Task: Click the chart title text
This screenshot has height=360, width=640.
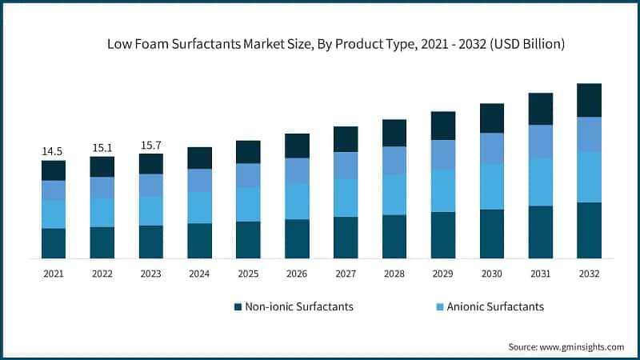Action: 336,45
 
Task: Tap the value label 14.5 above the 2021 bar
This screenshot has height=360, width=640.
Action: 54,150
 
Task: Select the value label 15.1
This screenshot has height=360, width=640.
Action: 102,146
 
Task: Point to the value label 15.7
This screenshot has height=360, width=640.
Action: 150,144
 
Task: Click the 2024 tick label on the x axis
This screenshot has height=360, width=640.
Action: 199,274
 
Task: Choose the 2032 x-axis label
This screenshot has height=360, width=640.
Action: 589,274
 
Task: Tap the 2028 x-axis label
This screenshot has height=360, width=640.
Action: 394,274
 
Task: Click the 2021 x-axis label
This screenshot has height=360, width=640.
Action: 54,274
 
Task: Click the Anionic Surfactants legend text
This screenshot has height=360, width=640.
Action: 495,306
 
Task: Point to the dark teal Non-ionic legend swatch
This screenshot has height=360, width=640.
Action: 238,306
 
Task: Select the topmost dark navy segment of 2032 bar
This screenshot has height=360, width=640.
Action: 589,100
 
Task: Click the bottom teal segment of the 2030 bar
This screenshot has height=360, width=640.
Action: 492,234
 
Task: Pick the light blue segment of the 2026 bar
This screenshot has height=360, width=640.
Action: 297,201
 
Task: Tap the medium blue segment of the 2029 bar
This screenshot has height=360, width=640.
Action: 443,154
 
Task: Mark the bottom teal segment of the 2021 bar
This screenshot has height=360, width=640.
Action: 54,243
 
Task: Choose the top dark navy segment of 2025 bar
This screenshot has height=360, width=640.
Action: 248,152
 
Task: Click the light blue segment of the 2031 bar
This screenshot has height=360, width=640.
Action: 541,182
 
